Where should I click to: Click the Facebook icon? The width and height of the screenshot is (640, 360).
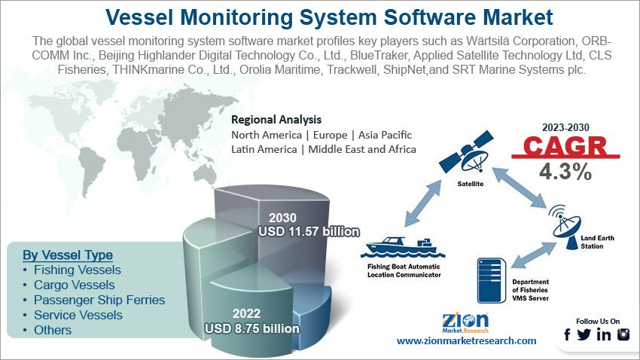tap(567, 334)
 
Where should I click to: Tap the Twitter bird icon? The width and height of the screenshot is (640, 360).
tap(584, 334)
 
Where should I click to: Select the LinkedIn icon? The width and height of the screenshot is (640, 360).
tap(604, 334)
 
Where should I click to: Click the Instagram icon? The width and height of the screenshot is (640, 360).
tap(623, 334)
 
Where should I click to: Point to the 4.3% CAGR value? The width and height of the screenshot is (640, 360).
tap(565, 172)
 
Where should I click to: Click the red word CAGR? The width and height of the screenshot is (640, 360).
tap(565, 146)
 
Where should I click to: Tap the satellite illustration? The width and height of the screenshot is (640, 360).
tap(466, 152)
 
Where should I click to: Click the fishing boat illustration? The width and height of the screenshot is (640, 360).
tap(402, 248)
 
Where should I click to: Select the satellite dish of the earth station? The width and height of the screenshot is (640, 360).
tap(565, 227)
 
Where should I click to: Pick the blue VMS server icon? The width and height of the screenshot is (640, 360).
tap(492, 280)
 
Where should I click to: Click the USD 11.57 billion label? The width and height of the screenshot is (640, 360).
tap(309, 231)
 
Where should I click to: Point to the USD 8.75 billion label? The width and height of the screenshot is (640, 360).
tap(251, 328)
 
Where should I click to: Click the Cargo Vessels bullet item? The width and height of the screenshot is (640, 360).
tap(75, 285)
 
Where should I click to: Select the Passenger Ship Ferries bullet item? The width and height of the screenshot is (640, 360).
tap(99, 300)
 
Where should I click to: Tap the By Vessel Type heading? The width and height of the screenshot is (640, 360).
tap(68, 255)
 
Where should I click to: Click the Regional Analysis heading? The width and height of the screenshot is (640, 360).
tap(276, 120)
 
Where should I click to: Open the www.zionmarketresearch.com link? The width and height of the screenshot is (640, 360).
tap(467, 341)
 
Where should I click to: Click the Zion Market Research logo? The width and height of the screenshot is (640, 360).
tap(465, 323)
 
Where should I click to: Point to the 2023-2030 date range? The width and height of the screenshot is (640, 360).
tap(565, 127)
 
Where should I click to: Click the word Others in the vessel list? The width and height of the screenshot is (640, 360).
tap(53, 330)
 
